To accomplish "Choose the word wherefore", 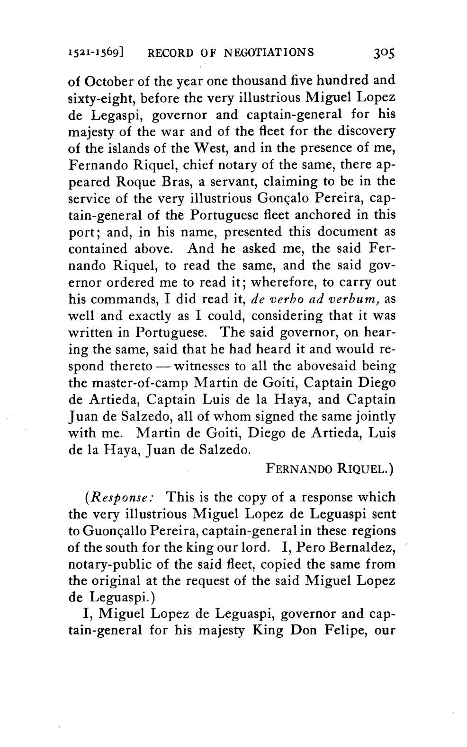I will [x=283, y=283].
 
